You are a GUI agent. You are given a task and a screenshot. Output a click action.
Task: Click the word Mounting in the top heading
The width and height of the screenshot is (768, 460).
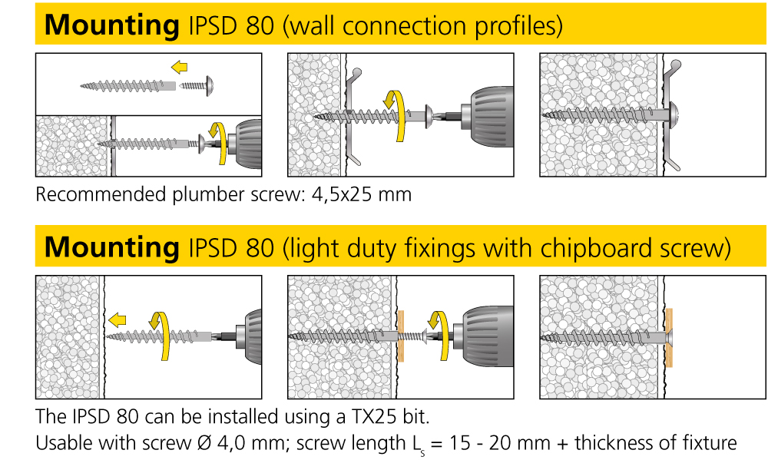tap(111, 25)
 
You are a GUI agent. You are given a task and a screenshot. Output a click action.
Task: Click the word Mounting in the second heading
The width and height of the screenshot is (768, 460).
tap(111, 247)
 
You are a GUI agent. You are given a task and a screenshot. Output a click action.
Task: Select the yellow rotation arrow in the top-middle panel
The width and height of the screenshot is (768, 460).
tap(396, 114)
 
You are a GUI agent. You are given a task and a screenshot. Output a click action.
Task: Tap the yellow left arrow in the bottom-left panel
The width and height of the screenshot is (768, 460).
tap(118, 319)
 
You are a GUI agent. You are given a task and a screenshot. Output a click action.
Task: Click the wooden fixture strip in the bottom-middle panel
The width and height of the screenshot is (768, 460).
tap(399, 336)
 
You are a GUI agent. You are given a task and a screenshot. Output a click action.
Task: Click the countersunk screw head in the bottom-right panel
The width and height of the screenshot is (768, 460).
tap(667, 336)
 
